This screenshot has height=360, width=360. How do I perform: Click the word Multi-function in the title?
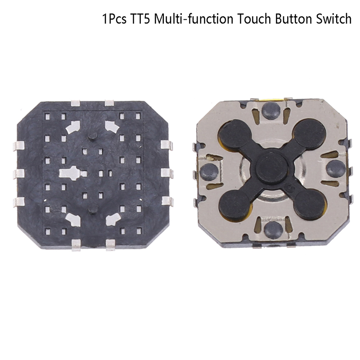193,19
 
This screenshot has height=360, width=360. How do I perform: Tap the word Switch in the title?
333,19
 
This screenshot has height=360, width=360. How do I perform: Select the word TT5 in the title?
140,19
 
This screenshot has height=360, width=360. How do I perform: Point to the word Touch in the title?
254,19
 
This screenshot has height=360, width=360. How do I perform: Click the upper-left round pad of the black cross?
235,134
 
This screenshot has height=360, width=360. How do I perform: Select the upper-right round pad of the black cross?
310,134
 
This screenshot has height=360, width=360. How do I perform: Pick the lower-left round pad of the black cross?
235,205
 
